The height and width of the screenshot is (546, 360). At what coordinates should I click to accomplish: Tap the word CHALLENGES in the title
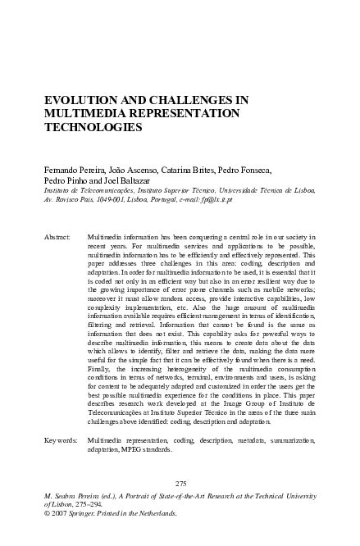point(192,101)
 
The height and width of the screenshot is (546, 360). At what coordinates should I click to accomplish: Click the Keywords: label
point(59,441)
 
